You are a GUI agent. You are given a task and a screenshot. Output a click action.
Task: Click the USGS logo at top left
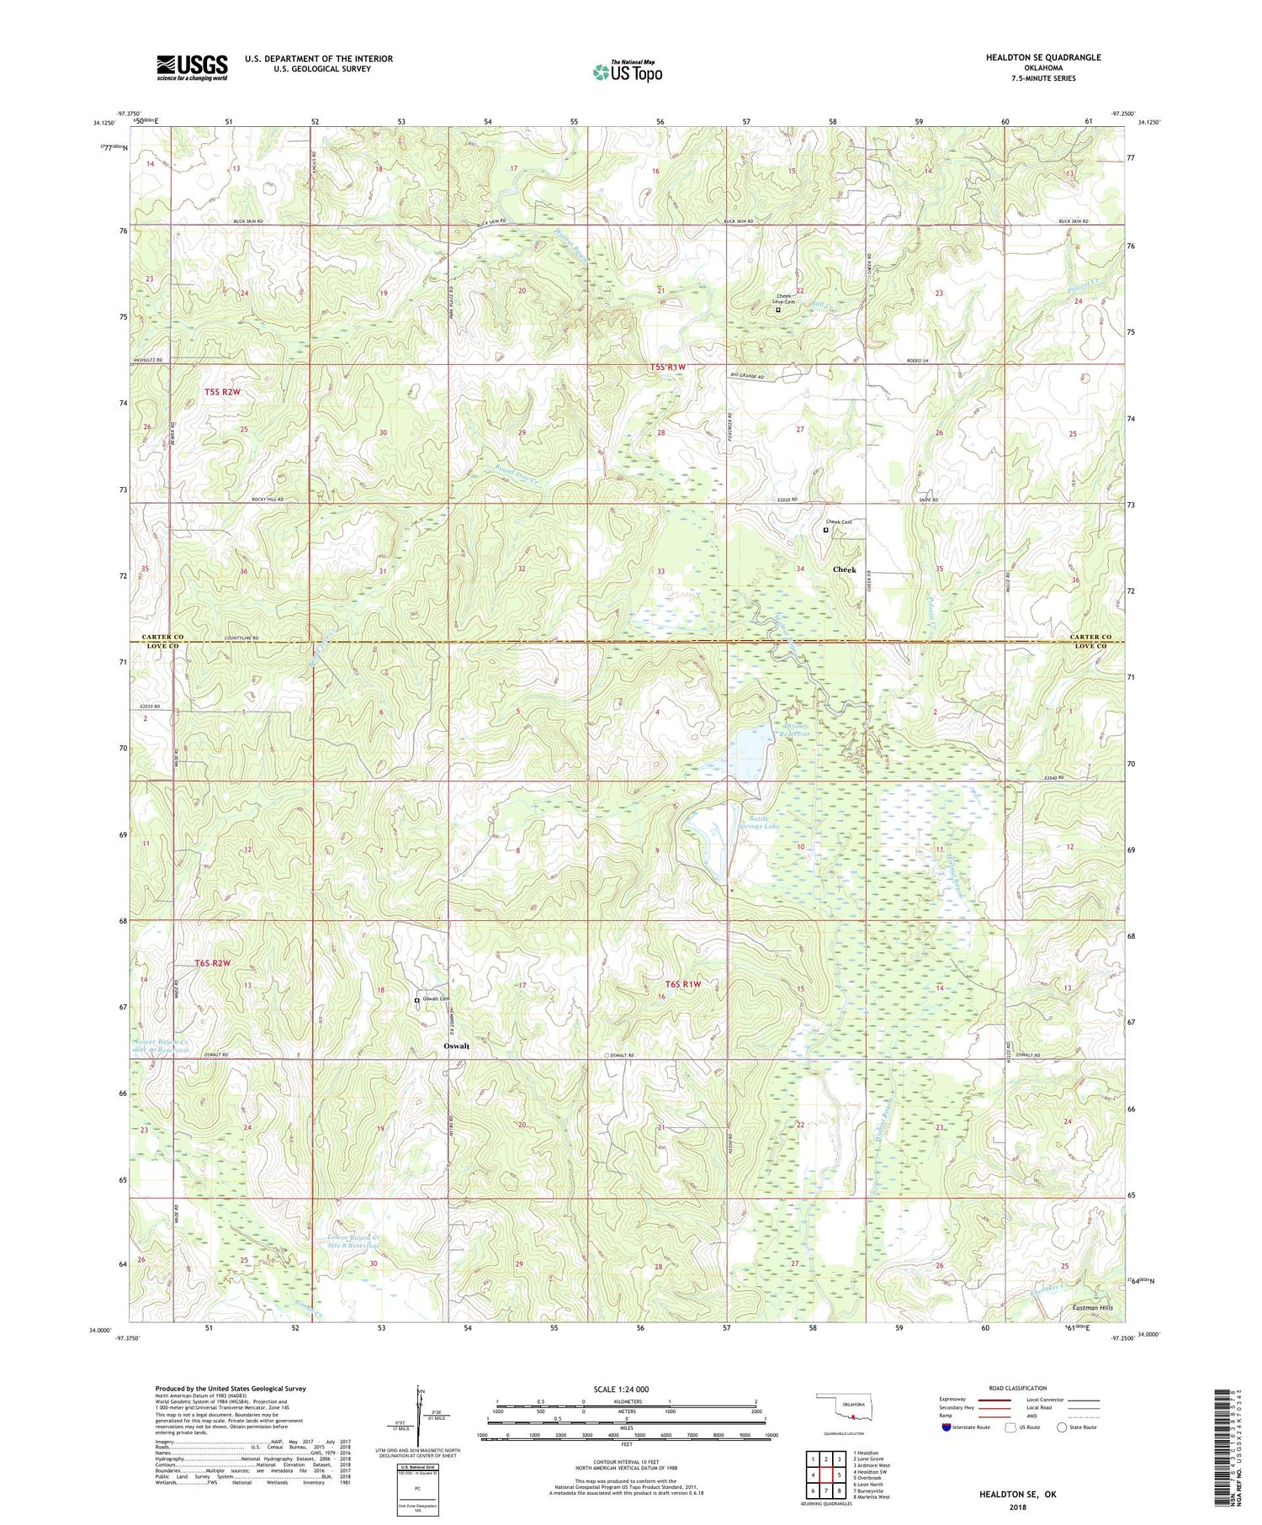pyautogui.click(x=192, y=67)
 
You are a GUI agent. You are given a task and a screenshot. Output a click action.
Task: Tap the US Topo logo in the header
pyautogui.click(x=626, y=71)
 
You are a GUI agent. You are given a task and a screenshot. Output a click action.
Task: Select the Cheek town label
pyautogui.click(x=844, y=569)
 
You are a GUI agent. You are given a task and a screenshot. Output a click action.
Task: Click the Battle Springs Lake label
pyautogui.click(x=759, y=822)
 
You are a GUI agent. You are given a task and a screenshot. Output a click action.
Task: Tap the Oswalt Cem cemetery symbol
pyautogui.click(x=416, y=1000)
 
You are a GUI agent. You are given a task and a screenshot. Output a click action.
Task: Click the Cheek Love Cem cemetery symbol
pyautogui.click(x=777, y=310)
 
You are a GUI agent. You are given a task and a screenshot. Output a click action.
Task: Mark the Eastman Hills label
pyautogui.click(x=1093, y=1308)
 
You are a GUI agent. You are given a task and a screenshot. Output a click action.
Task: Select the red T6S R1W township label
pyautogui.click(x=682, y=983)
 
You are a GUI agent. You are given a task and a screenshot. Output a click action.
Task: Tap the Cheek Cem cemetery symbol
pyautogui.click(x=825, y=530)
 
